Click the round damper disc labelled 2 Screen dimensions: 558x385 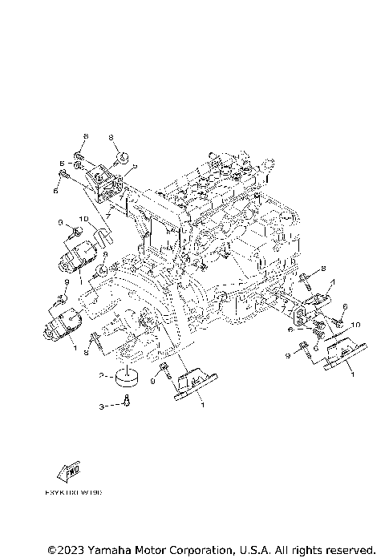(x=125, y=374)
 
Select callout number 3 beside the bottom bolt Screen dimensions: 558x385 (x=102, y=407)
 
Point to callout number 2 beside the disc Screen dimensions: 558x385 (x=102, y=375)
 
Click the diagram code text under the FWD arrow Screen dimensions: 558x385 (x=78, y=493)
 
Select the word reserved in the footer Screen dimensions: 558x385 (x=349, y=550)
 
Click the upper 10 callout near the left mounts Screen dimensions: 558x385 (x=83, y=218)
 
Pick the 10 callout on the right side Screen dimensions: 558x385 (x=356, y=324)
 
